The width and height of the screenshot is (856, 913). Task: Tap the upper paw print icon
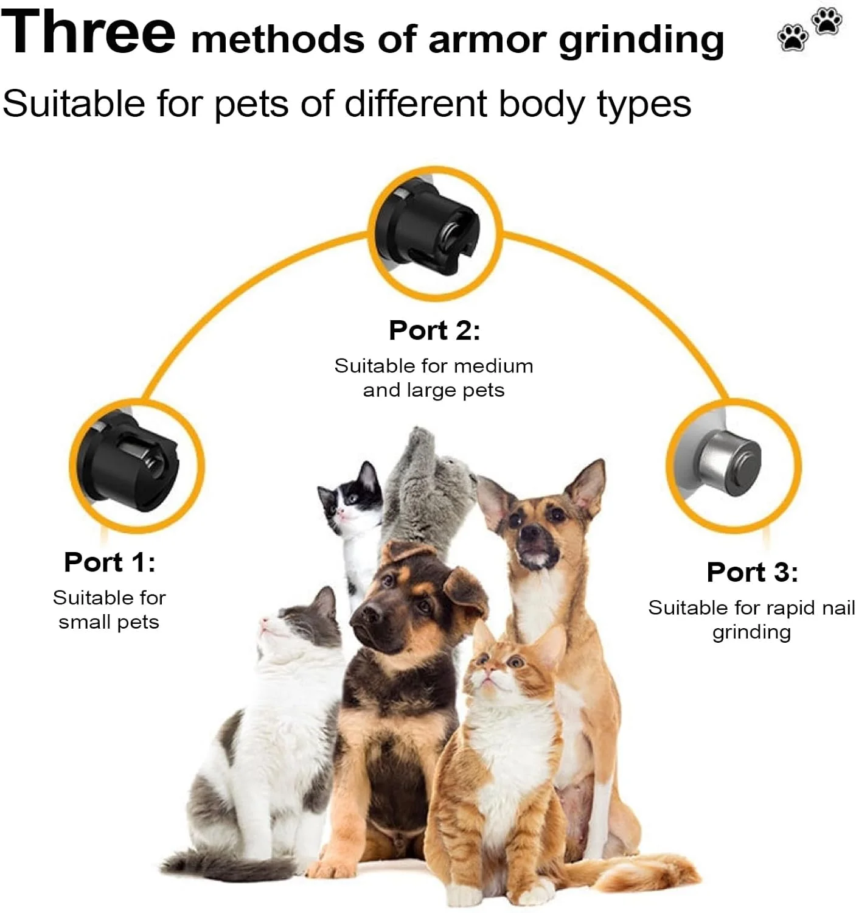[x=827, y=21]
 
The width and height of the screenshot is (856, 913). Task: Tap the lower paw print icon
[x=793, y=37]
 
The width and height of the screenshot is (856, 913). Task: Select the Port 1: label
[x=110, y=562]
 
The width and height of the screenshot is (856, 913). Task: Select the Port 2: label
[x=434, y=330]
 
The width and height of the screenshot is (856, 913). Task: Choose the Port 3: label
[x=753, y=572]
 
